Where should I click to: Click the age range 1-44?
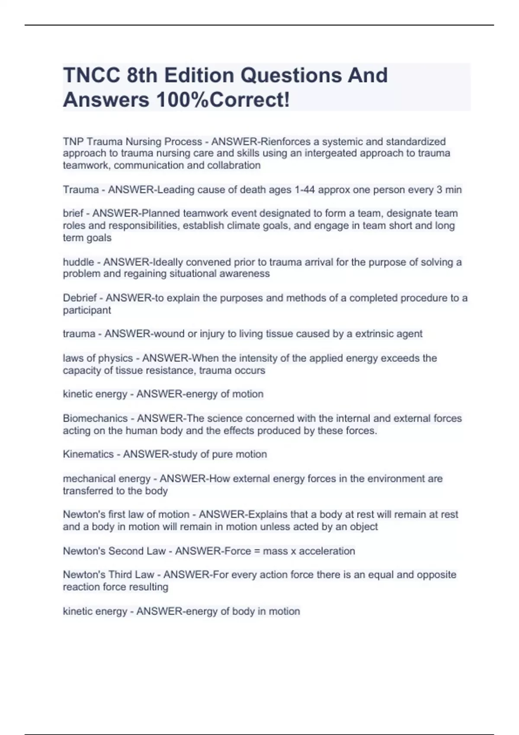click(304, 190)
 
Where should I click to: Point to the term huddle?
click(78, 262)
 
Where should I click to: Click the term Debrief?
click(80, 298)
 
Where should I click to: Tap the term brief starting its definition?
click(73, 214)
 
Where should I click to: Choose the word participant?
click(87, 310)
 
